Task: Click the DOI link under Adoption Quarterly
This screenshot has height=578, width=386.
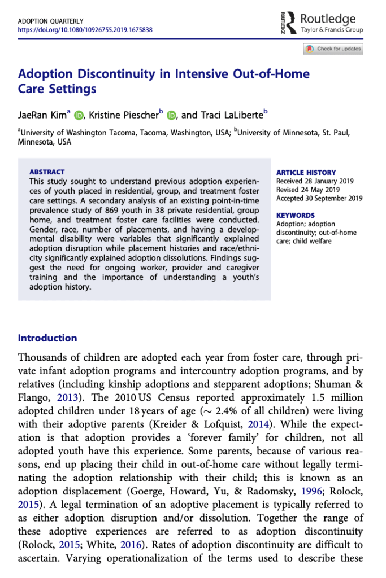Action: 85,30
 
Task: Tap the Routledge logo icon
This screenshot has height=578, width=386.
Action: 290,23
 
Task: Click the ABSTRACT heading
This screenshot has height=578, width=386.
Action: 47,172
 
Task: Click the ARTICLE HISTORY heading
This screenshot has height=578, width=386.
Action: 306,173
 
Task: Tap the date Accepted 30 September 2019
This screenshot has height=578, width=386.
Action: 318,198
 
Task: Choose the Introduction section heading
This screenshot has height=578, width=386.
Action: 47,338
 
